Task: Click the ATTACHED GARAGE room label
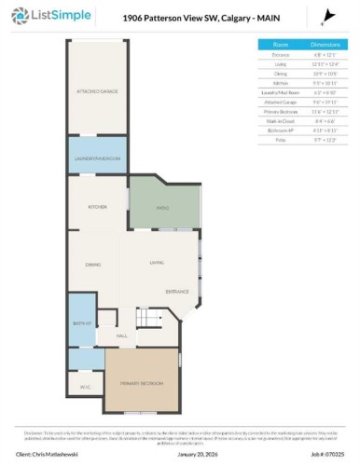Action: [94, 91]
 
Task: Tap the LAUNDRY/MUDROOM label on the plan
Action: [98, 159]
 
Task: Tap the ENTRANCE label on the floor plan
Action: [177, 293]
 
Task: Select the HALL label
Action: [121, 336]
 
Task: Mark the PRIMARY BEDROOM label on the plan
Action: [141, 383]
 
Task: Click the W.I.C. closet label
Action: [84, 386]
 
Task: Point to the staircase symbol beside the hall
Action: [146, 319]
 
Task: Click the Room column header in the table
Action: [280, 44]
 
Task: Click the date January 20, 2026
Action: [185, 454]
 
